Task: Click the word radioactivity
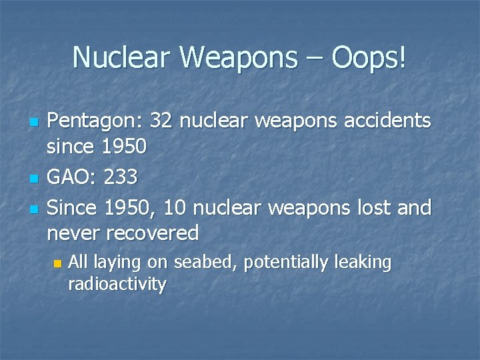point(117,285)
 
